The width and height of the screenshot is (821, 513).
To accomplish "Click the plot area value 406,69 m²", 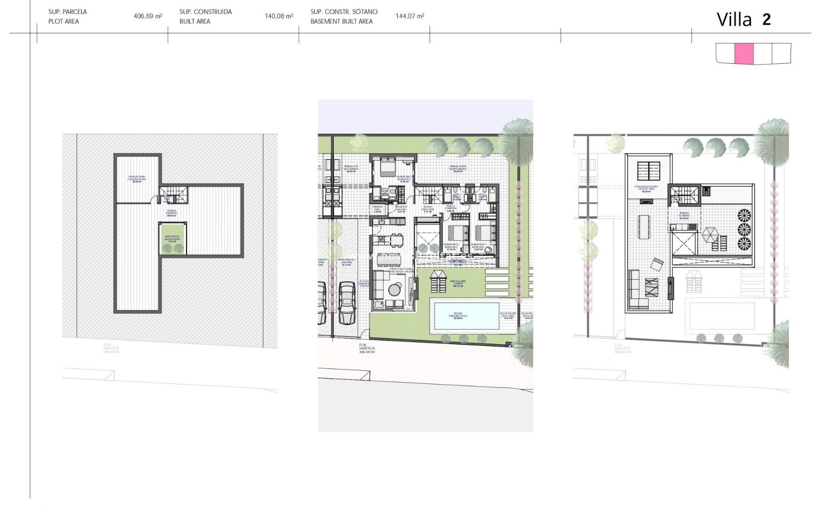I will pyautogui.click(x=148, y=16).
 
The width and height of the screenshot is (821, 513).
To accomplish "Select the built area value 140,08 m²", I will pyautogui.click(x=279, y=16).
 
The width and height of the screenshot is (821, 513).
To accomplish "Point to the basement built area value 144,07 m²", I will pyautogui.click(x=410, y=16).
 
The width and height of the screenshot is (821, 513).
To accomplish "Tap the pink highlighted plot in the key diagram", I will pyautogui.click(x=744, y=54).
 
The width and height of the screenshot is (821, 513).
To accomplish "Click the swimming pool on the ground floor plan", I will pyautogui.click(x=466, y=316).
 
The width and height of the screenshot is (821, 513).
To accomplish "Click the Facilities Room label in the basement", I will pyautogui.click(x=137, y=178).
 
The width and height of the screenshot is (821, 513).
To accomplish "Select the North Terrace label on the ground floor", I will pyautogui.click(x=458, y=168).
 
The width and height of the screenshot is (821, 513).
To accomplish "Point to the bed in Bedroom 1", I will pyautogui.click(x=485, y=234).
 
